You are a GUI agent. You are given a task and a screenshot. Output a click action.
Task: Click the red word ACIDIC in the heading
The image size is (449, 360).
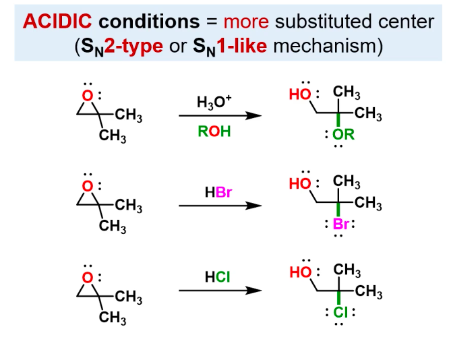57,22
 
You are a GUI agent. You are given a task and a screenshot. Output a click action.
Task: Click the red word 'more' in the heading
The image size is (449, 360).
246,22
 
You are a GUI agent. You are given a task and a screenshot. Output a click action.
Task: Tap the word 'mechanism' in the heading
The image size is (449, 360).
324,46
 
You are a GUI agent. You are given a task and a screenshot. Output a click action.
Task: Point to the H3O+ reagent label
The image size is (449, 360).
214,102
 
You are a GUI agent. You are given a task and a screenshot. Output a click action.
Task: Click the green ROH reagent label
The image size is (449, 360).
214,131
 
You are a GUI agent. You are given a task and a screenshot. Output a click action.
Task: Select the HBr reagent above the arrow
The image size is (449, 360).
218,192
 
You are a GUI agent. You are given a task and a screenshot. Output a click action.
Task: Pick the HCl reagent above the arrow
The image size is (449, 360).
217,277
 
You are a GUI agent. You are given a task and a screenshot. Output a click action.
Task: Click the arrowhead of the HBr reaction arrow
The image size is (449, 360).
253,206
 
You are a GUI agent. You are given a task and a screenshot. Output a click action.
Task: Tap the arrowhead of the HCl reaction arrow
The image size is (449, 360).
253,291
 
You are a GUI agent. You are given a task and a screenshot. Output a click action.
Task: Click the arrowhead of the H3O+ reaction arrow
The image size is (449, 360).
253,116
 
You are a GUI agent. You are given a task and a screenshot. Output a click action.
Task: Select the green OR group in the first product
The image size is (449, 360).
343,135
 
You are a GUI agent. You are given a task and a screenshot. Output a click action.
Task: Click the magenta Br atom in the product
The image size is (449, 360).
340,224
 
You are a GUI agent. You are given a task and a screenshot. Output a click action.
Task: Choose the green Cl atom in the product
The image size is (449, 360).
340,312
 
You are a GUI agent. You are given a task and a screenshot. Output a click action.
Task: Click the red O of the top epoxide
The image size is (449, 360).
88,96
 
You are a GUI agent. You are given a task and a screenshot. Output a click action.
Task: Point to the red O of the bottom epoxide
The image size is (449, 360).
88,277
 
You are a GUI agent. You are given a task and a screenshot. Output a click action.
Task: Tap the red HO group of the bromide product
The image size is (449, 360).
300,183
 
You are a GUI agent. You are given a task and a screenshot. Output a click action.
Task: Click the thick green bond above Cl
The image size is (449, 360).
338,297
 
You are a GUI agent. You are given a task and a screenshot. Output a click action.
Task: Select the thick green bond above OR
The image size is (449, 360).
338,119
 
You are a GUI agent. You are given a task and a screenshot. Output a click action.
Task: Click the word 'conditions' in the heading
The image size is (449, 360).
149,22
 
